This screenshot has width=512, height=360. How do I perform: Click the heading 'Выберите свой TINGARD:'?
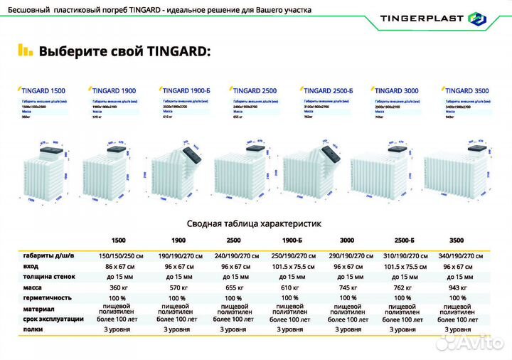coord(124,52)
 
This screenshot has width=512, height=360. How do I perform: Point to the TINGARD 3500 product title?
coord(471,91)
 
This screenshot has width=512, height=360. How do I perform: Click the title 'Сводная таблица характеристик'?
coord(254,223)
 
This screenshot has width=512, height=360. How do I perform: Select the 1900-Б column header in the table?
coord(289,240)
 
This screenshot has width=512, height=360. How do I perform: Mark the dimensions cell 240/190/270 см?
coord(233,254)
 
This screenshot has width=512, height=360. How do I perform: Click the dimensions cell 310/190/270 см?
coord(403,254)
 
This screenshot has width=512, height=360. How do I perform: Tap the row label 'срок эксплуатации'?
coord(53,319)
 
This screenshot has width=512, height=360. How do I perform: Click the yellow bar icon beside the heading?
coord(25,51)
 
